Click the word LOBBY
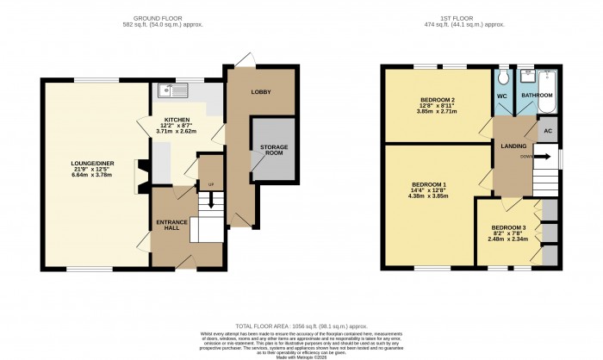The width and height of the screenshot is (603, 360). (261, 91)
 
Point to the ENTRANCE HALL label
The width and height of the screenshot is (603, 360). (171, 227)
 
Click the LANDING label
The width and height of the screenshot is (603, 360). (513, 146)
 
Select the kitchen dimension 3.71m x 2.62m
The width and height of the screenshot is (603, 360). (177, 131)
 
